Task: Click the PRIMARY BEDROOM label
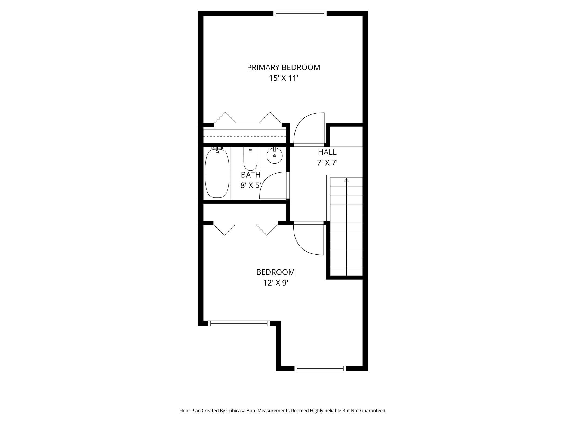point(284,67)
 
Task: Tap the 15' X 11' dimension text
point(284,78)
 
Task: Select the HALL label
point(327,152)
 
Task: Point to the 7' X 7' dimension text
point(327,163)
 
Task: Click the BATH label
point(251,175)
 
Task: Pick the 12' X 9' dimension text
point(276,283)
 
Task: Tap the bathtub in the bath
point(217,173)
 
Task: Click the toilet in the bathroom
point(250,159)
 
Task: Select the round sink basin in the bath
point(275,156)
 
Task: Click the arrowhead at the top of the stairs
point(346,180)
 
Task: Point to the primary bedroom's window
point(300,13)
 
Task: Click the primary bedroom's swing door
point(309,128)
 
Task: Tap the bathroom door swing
point(273,186)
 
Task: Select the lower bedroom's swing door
point(309,239)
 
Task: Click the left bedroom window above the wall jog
point(239,323)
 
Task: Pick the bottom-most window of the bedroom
point(320,368)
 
